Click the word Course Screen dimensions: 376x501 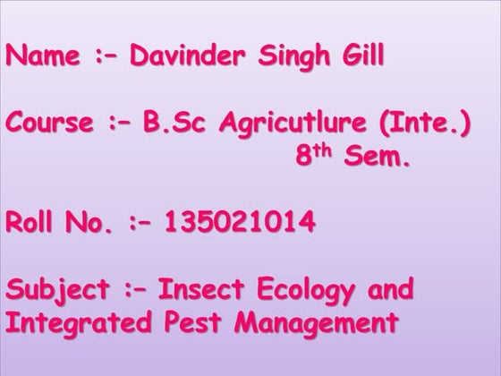click(x=49, y=123)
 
